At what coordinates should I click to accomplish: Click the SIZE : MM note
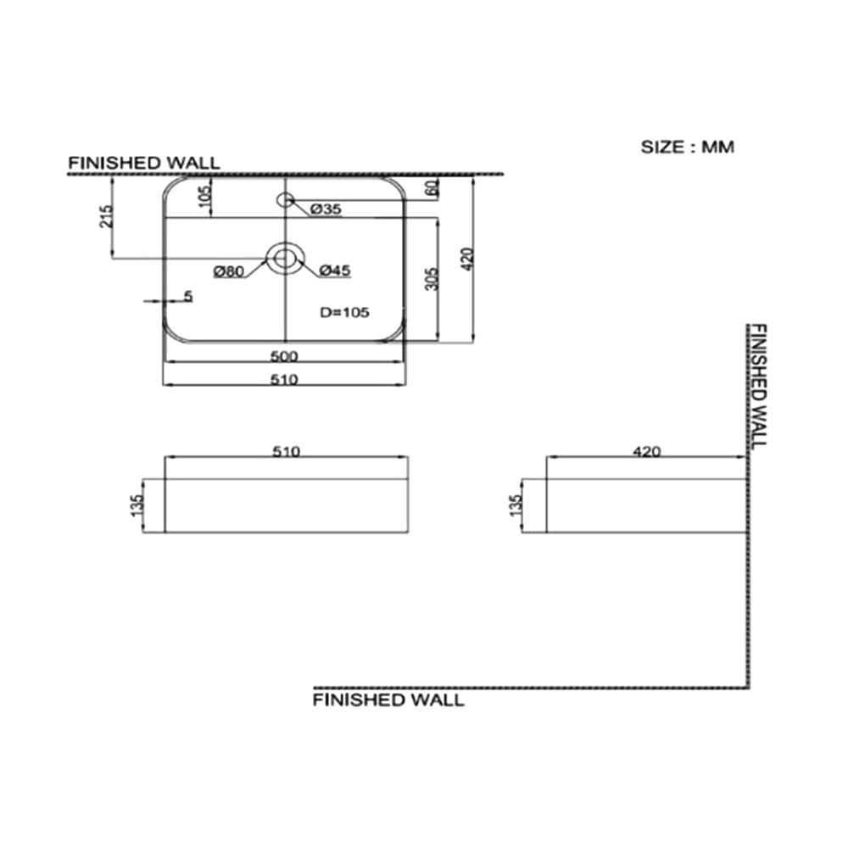pos(688,147)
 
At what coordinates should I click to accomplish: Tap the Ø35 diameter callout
pos(326,209)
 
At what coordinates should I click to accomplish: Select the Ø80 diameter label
pos(229,271)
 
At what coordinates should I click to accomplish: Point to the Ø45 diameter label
pos(335,270)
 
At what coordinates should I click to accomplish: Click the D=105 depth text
pos(344,312)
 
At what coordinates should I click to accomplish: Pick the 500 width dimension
pos(284,356)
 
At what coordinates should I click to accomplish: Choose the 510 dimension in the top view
pos(284,380)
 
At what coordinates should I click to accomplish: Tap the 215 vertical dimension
pos(107,216)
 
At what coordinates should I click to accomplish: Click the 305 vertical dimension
pos(432,279)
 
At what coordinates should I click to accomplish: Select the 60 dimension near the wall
pos(432,188)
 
